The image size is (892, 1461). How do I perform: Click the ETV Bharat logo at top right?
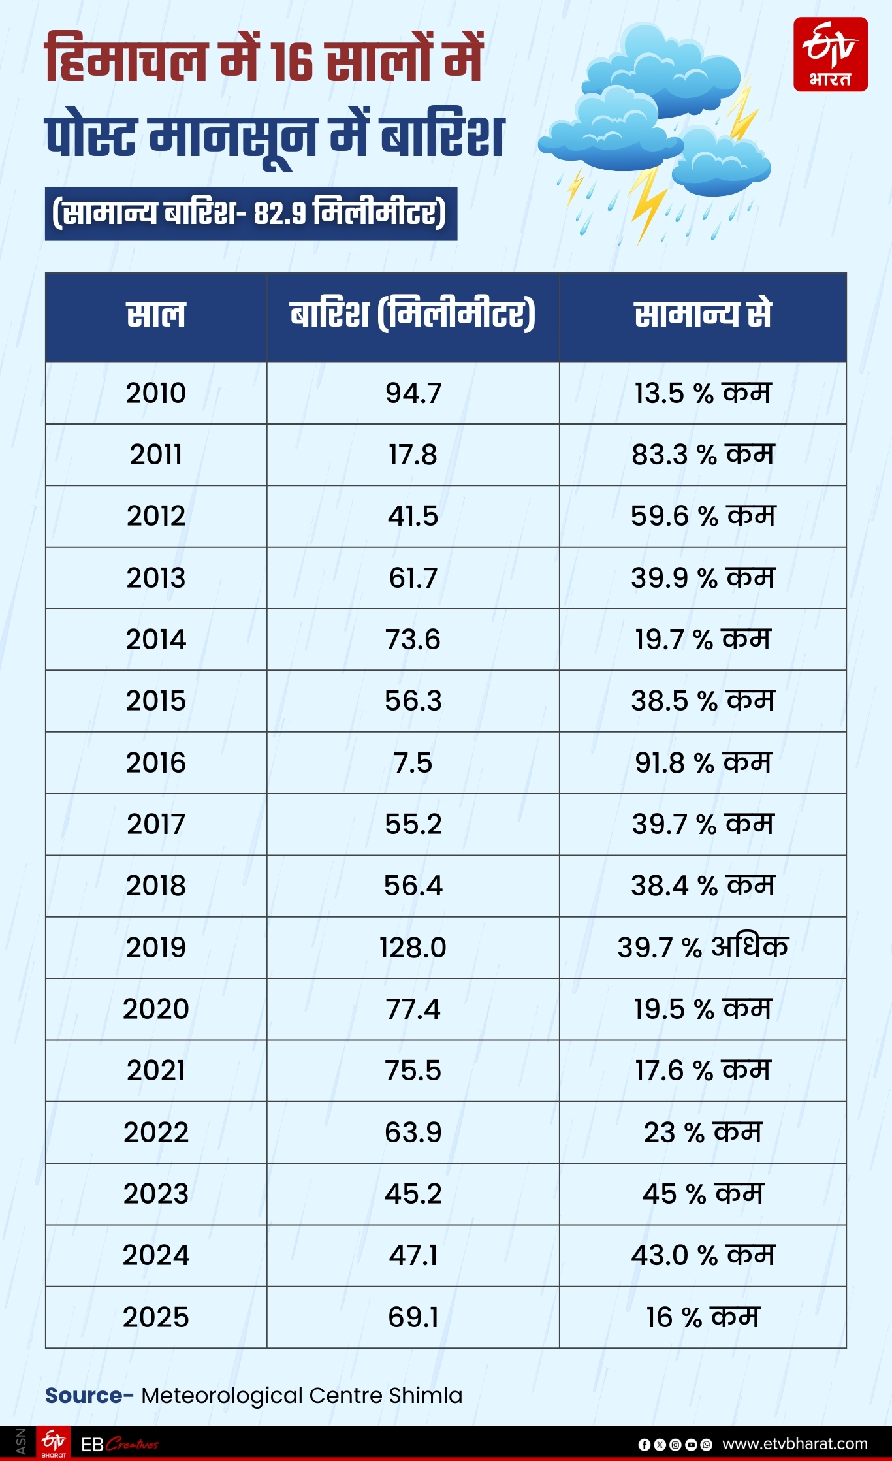click(830, 54)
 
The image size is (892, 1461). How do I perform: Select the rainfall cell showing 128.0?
click(413, 947)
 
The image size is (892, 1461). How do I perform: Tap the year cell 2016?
click(156, 762)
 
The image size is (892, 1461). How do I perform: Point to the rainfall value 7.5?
click(413, 762)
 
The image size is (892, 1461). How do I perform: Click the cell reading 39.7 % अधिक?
click(703, 947)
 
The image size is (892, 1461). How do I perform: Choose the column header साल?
click(156, 315)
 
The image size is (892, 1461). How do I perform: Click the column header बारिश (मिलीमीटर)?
click(413, 315)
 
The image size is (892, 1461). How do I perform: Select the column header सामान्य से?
click(703, 315)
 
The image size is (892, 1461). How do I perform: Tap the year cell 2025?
click(156, 1317)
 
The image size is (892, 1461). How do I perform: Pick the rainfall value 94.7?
click(413, 393)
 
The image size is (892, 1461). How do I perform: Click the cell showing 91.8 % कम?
click(703, 762)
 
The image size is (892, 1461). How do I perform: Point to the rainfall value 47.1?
click(413, 1255)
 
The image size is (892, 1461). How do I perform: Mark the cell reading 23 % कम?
click(703, 1132)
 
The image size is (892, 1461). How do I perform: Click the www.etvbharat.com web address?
click(795, 1443)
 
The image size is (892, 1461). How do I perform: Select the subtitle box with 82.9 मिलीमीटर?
click(251, 214)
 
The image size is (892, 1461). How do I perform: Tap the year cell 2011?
click(156, 455)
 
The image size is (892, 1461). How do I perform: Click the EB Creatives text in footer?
click(119, 1444)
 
